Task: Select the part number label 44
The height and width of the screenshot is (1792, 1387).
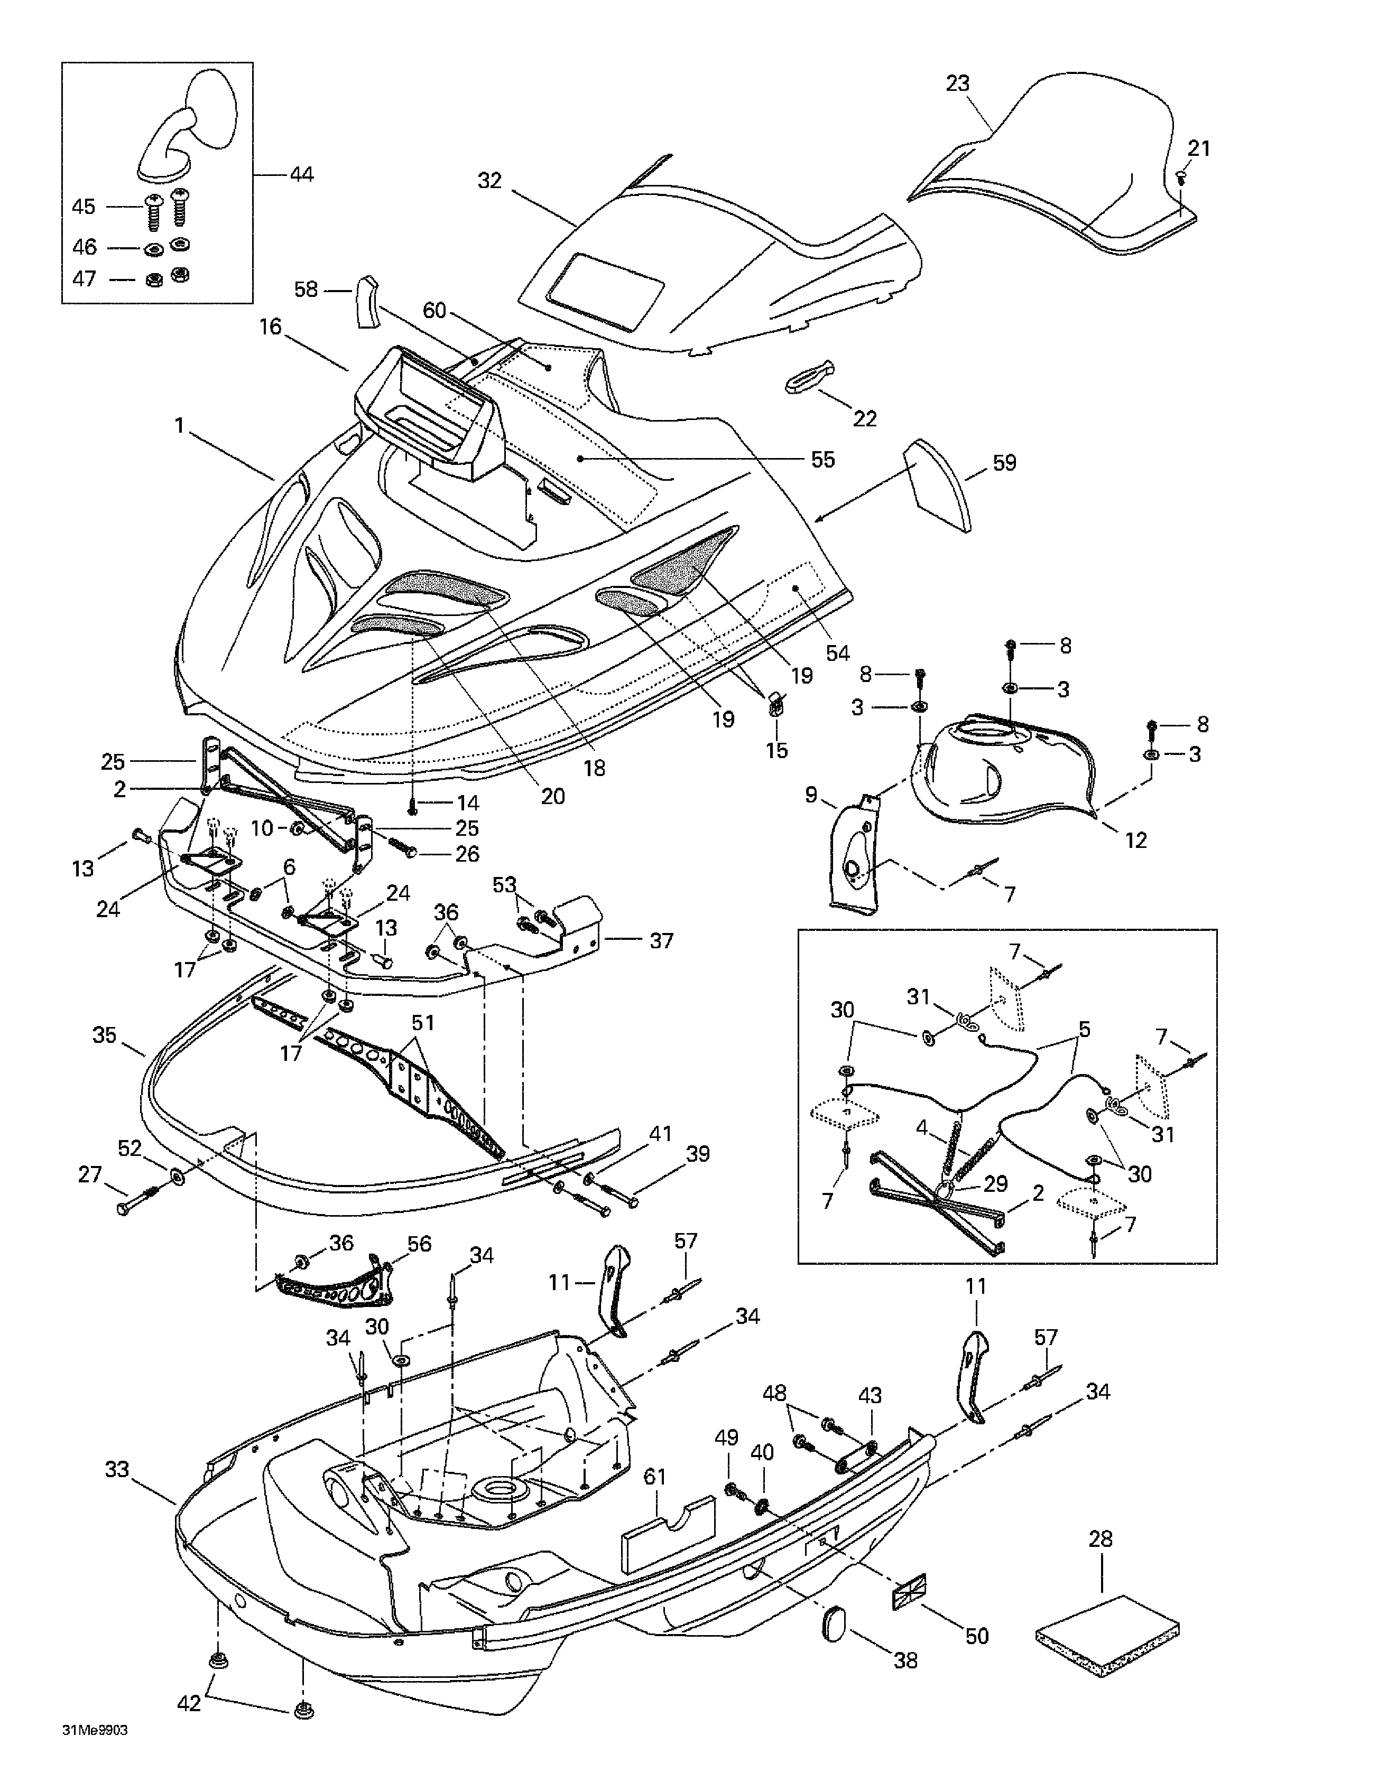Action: [302, 175]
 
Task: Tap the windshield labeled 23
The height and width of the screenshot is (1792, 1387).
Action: [1059, 164]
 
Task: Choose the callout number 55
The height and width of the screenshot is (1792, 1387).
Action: [822, 460]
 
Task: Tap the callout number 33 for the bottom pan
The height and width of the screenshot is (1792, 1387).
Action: [117, 1468]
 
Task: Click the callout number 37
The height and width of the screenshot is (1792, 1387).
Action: [661, 940]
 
